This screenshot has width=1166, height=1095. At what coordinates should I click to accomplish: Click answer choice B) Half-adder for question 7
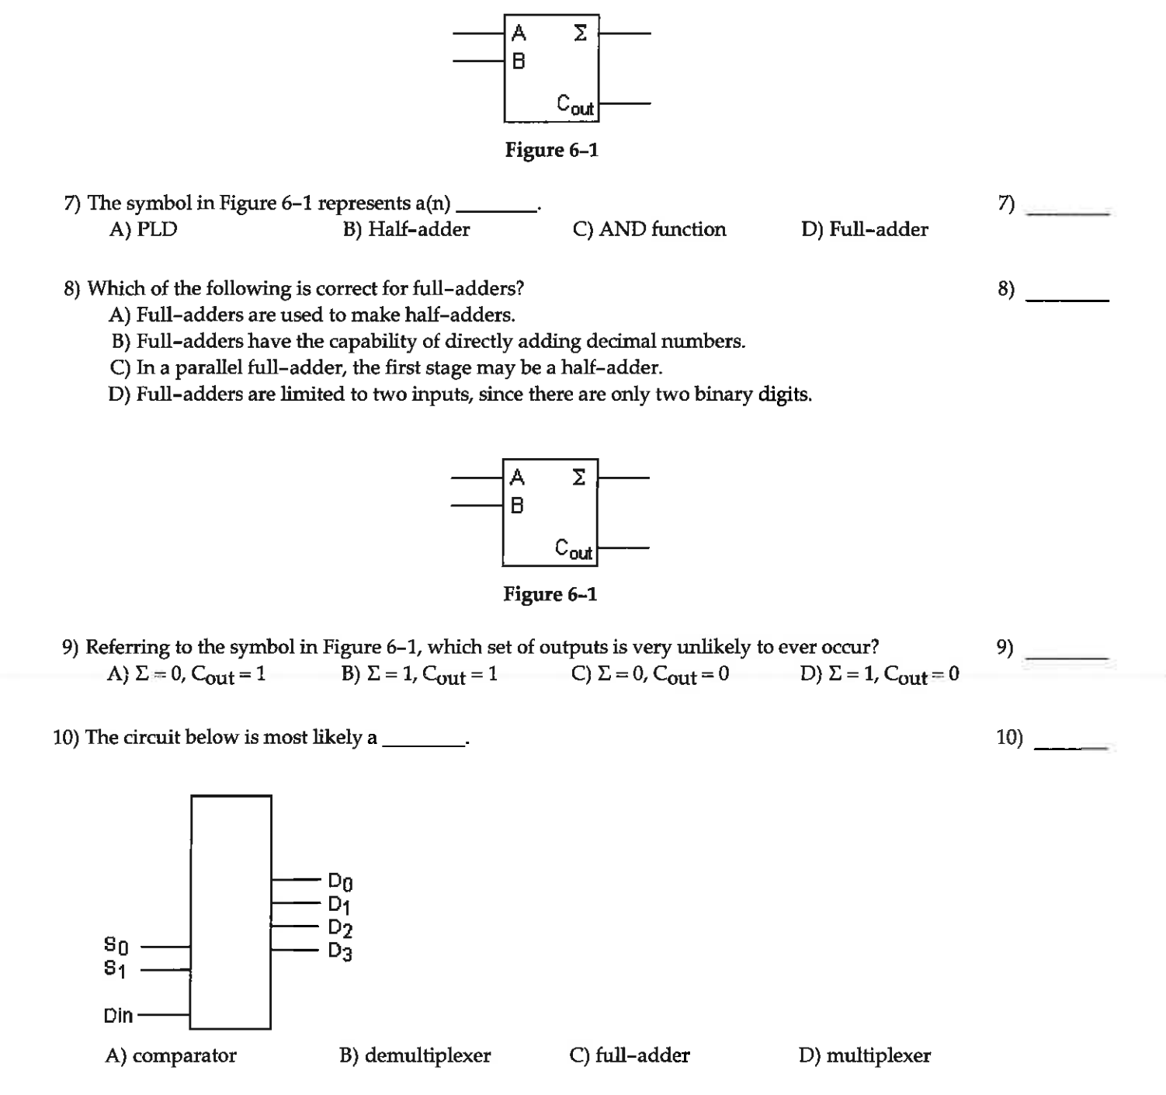[406, 229]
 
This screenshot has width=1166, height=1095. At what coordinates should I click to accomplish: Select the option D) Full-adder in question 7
[864, 229]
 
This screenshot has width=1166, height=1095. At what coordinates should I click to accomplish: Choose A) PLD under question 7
[144, 229]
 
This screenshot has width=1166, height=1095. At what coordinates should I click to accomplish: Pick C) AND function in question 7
[649, 229]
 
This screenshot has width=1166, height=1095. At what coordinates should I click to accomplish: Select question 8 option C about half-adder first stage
[386, 367]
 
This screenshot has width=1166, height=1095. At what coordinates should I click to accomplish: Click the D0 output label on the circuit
[340, 881]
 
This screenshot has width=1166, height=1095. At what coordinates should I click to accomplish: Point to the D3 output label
[340, 951]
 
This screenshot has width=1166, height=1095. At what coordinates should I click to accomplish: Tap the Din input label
[118, 1015]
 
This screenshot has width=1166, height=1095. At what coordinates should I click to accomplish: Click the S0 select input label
[116, 945]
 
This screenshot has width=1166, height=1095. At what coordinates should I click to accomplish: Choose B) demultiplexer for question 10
[415, 1055]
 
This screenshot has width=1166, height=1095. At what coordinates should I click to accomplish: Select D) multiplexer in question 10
[864, 1055]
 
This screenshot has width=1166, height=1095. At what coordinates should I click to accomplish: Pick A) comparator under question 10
[171, 1055]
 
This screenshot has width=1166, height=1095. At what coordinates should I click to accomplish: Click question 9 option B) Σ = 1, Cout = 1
[419, 674]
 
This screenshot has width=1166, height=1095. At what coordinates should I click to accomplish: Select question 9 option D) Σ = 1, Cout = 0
[879, 674]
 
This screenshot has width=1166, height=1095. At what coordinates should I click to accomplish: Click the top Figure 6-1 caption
[551, 150]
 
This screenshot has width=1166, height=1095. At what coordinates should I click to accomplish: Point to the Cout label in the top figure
[575, 105]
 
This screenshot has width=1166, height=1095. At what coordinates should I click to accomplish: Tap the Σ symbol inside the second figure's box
[578, 477]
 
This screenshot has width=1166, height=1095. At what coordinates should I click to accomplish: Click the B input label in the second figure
[517, 506]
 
